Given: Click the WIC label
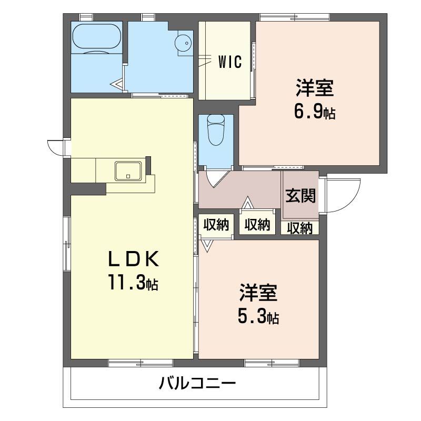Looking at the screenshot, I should (230, 63).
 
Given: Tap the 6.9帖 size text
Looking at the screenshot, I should (314, 112).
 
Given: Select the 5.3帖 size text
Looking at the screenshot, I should (257, 316).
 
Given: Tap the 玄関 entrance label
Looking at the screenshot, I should (301, 196).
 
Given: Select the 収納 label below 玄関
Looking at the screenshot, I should (300, 228).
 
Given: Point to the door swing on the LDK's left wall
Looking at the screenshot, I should (55, 147).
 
